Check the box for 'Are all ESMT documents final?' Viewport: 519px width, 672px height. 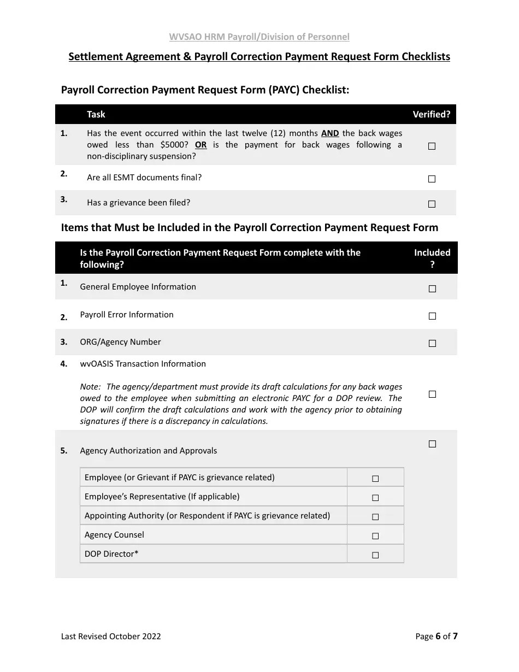point(432,179)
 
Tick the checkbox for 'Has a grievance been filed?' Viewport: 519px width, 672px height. point(432,204)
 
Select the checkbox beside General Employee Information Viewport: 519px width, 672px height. point(432,288)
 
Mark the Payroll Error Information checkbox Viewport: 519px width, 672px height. point(432,316)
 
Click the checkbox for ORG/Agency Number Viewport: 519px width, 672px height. point(432,343)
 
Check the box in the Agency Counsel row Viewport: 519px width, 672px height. point(375,536)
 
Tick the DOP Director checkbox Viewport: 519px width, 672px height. point(375,555)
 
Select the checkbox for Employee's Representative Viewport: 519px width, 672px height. point(375,498)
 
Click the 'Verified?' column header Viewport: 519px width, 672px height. point(431,114)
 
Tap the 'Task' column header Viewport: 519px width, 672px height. point(96,114)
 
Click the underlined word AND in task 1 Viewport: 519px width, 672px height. point(330,133)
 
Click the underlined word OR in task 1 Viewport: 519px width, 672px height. point(200,145)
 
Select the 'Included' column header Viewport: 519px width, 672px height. point(432,252)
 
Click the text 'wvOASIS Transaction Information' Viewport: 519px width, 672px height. point(143,364)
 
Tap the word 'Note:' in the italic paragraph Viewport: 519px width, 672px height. point(90,387)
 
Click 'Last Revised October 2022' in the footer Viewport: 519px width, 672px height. point(111,636)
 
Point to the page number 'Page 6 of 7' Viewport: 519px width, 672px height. point(436,636)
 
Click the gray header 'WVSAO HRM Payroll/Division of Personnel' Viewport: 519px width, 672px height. point(259,37)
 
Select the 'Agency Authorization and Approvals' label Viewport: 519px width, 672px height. point(148,451)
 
